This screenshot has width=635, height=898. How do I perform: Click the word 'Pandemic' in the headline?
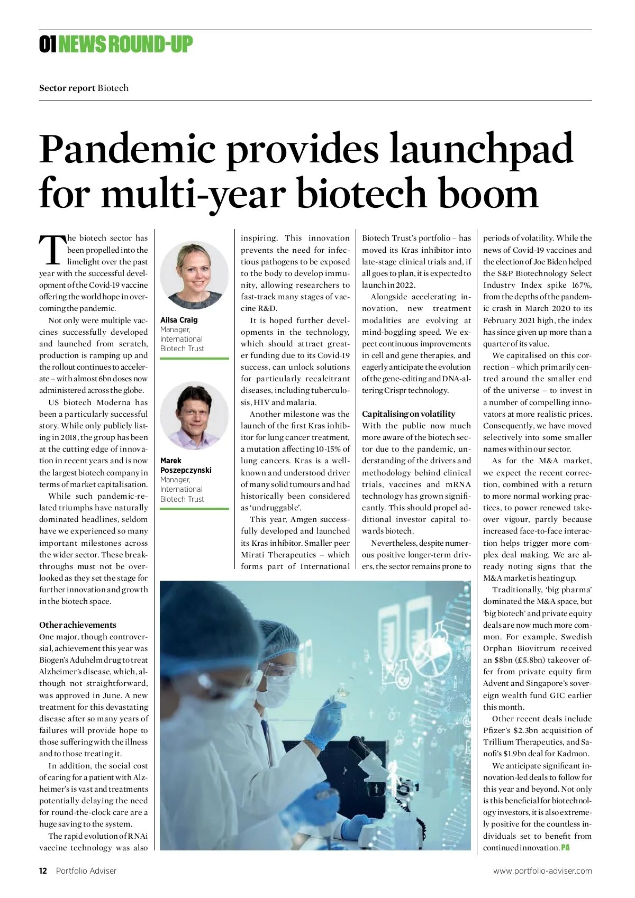(x=127, y=150)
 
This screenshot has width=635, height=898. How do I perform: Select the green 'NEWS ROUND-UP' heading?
(x=125, y=44)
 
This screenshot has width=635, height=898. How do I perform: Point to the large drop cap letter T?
(x=52, y=251)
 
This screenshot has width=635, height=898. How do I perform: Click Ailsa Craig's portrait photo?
(x=194, y=275)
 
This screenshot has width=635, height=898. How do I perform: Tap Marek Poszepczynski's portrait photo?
(x=194, y=416)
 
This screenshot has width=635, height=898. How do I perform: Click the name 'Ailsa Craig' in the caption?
(x=179, y=320)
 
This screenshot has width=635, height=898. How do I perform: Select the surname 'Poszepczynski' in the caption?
(x=186, y=470)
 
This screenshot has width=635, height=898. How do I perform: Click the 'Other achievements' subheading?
(x=78, y=625)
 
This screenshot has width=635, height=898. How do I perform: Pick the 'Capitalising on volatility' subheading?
(x=409, y=414)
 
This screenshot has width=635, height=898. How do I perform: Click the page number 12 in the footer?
(x=43, y=871)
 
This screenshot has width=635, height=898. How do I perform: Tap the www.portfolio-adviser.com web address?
(x=542, y=871)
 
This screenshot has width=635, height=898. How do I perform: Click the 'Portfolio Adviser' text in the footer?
(x=86, y=871)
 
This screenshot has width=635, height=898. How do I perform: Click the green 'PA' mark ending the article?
(x=565, y=848)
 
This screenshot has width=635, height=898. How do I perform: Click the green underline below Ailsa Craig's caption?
(x=194, y=359)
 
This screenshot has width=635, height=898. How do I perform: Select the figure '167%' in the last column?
(x=580, y=285)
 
